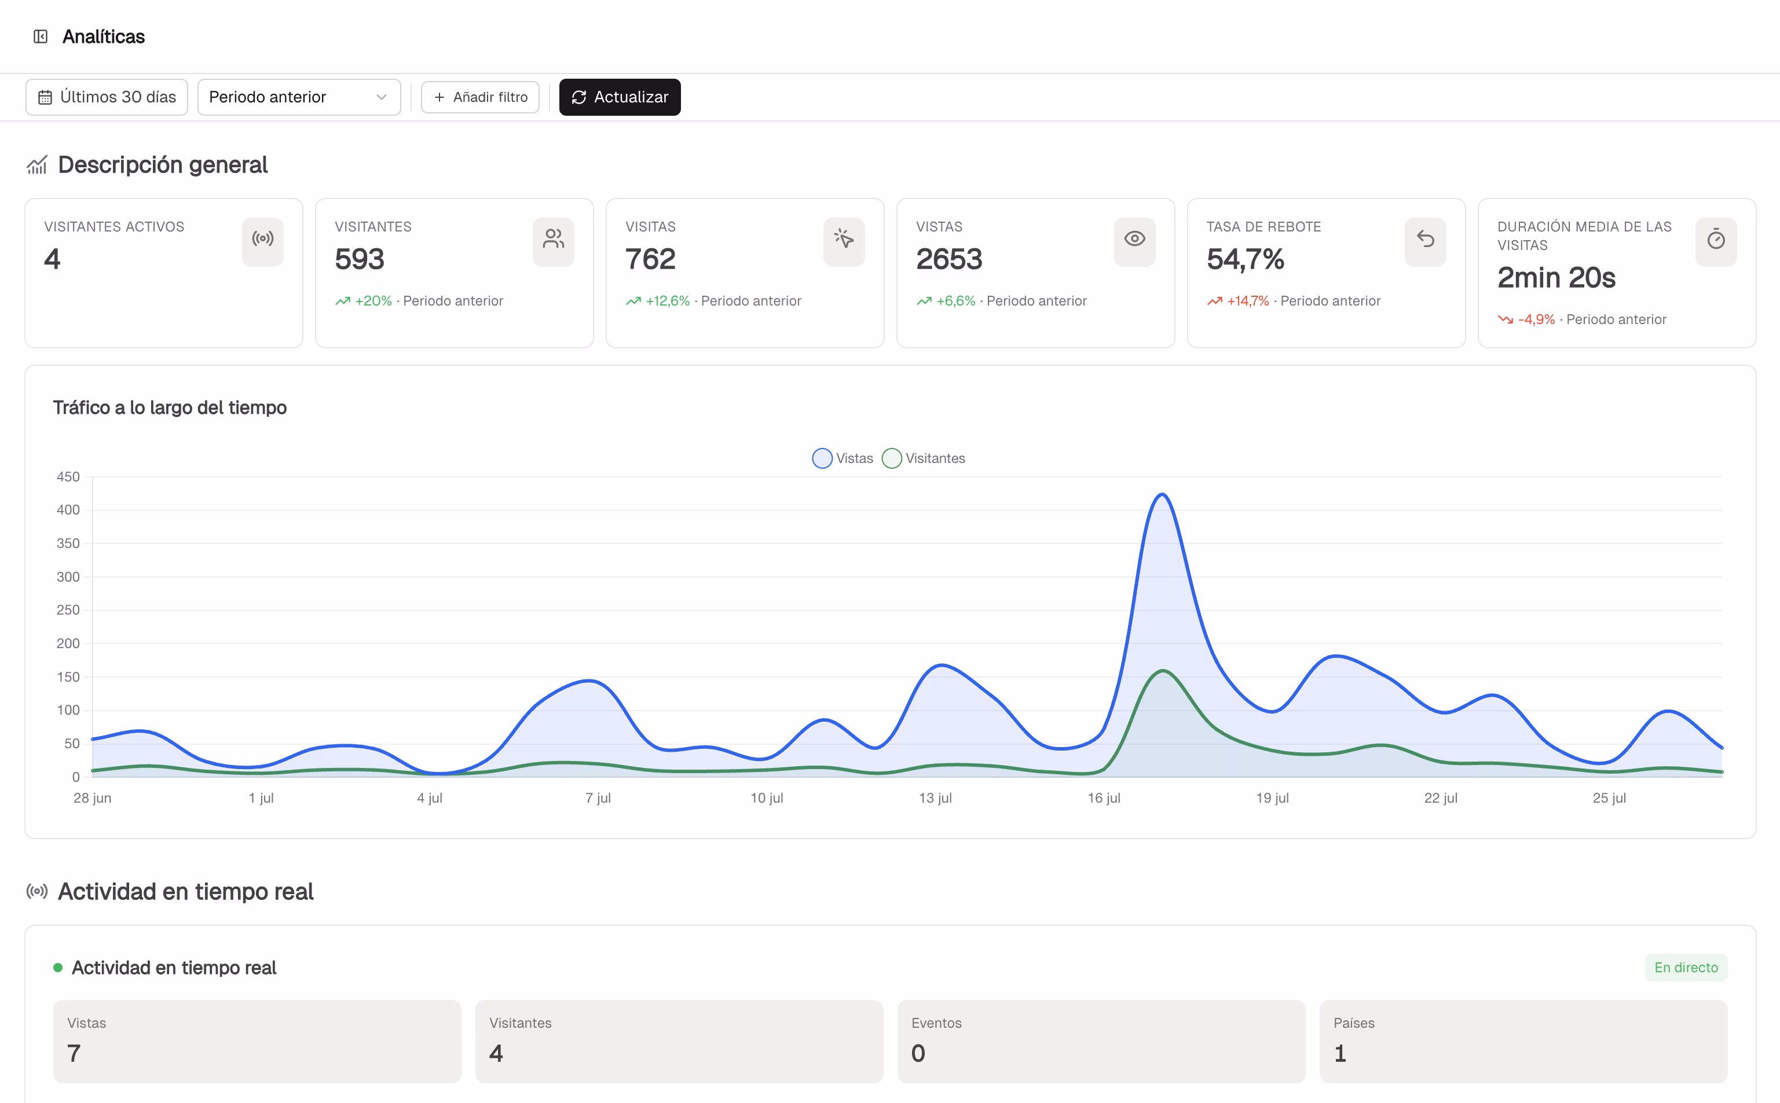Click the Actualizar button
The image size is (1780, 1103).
pos(620,97)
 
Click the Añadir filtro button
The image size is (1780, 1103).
pos(480,97)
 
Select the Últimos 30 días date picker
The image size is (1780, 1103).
pos(107,97)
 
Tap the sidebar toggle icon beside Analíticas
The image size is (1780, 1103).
pos(41,36)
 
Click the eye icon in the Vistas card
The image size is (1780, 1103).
pos(1134,239)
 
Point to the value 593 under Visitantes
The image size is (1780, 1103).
pos(360,259)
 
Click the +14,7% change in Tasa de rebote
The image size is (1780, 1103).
pos(1248,300)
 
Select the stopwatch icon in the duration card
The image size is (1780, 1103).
pos(1716,239)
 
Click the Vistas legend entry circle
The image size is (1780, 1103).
pos(822,458)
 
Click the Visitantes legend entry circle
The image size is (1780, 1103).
pos(892,458)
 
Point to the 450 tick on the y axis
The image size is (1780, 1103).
pos(68,476)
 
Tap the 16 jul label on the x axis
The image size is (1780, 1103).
pos(1104,798)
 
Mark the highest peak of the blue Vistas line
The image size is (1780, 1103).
pos(1162,495)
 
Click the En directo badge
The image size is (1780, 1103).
pos(1686,968)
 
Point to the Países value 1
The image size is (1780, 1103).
pos(1340,1053)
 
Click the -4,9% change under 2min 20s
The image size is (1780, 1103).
pos(1536,319)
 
